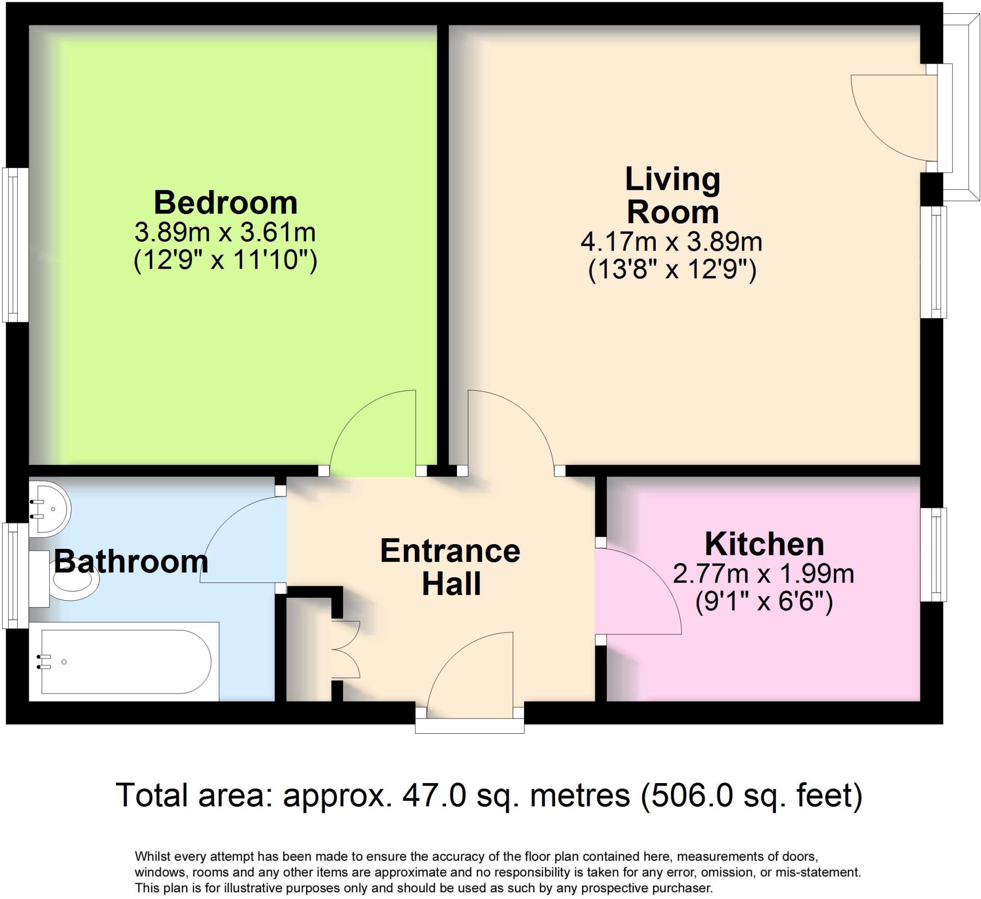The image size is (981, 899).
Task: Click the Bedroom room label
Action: coord(225,203)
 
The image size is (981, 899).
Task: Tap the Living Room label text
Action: coord(672,195)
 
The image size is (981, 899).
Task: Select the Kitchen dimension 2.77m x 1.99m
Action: coord(763,574)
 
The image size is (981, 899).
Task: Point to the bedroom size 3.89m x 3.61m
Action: coord(225,233)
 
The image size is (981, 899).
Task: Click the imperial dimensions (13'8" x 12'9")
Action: coord(672,271)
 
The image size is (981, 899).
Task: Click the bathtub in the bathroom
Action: coord(125,661)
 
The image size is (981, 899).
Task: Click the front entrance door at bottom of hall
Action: coord(469,674)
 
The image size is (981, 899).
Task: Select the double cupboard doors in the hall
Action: coord(346,649)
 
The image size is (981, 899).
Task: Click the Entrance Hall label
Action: coord(450,567)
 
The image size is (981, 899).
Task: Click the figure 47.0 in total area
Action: coord(433,795)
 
